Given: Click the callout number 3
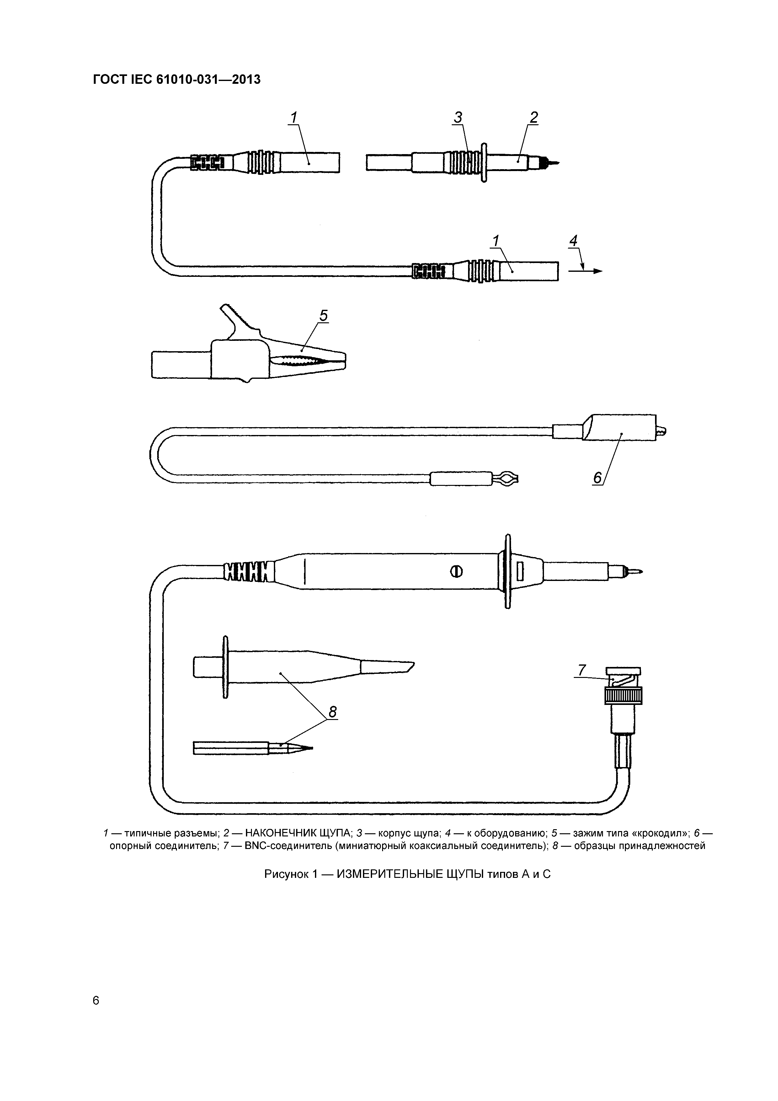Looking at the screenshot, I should pyautogui.click(x=458, y=117).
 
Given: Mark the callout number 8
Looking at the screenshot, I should pyautogui.click(x=332, y=712).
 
